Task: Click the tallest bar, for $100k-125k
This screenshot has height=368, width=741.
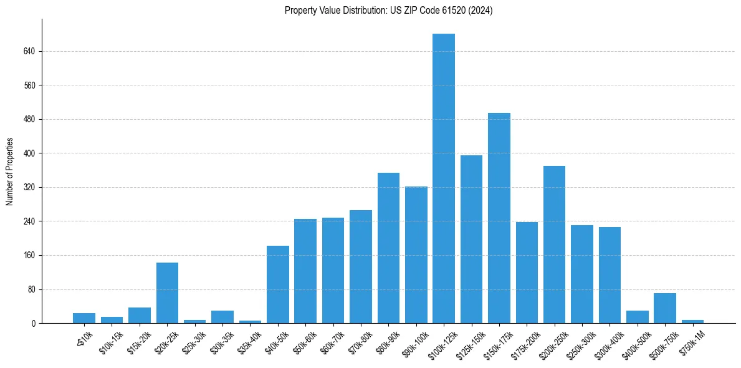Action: click(x=444, y=178)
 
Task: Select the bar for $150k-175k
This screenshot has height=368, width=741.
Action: click(x=499, y=218)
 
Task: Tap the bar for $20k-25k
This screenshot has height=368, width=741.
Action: click(x=167, y=293)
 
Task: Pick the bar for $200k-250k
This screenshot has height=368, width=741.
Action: click(x=554, y=245)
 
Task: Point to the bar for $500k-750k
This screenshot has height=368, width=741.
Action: click(x=665, y=308)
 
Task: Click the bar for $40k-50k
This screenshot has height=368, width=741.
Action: click(x=278, y=284)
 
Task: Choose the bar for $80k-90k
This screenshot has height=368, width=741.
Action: click(x=388, y=248)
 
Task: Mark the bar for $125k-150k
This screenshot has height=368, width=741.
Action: click(x=471, y=240)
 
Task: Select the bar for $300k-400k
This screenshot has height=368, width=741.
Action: click(x=610, y=275)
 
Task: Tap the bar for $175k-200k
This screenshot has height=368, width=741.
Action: click(x=527, y=273)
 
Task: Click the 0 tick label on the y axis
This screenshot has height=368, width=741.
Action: click(x=34, y=324)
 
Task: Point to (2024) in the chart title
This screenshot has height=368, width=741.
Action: click(x=480, y=11)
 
